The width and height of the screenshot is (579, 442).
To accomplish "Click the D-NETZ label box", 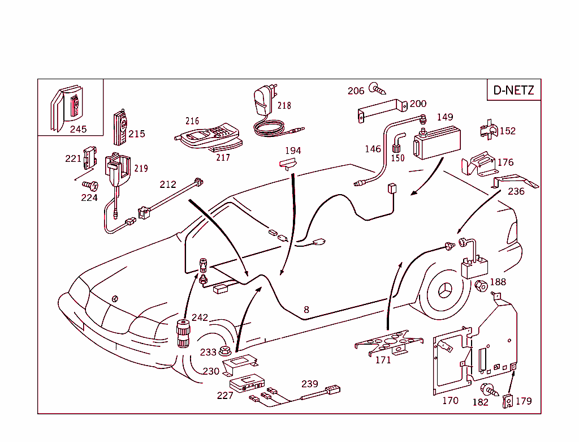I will (513, 90).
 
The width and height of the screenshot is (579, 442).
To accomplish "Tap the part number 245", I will (78, 129).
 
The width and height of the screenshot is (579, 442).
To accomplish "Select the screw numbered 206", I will (376, 88).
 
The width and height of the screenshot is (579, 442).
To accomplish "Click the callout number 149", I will (445, 117).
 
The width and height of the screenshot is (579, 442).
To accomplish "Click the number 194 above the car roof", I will (293, 151).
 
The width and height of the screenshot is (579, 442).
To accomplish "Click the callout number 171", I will (383, 360).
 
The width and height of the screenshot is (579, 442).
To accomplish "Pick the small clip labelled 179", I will (508, 401).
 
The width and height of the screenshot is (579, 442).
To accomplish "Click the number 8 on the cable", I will (306, 310).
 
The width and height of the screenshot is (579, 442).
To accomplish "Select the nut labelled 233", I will (224, 351).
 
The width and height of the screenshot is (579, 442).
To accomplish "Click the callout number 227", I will (225, 396).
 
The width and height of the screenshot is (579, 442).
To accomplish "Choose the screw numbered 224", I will (90, 185).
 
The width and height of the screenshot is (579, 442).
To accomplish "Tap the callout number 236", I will (516, 191).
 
